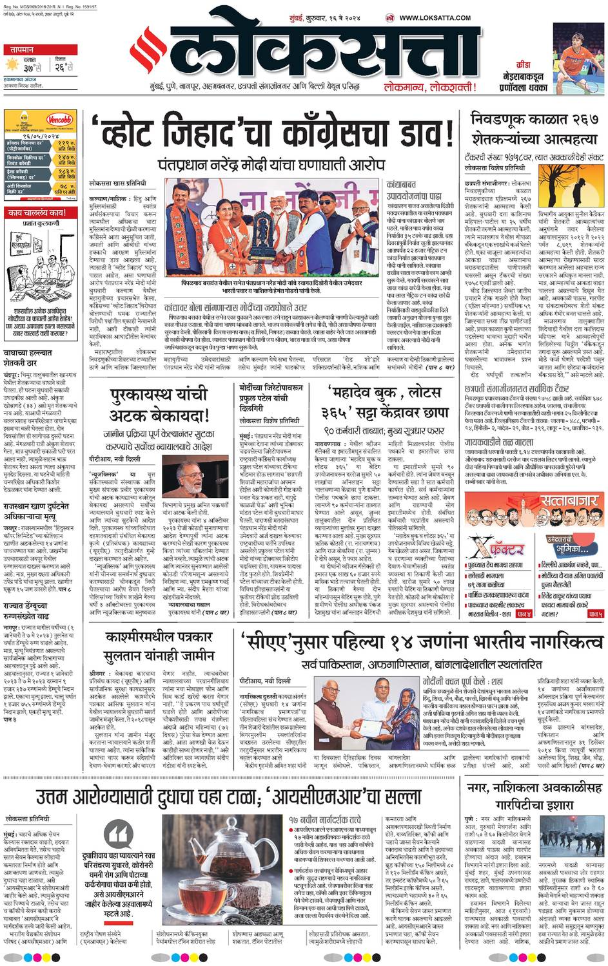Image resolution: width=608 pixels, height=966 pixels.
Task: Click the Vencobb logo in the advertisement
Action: pos(59,120)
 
